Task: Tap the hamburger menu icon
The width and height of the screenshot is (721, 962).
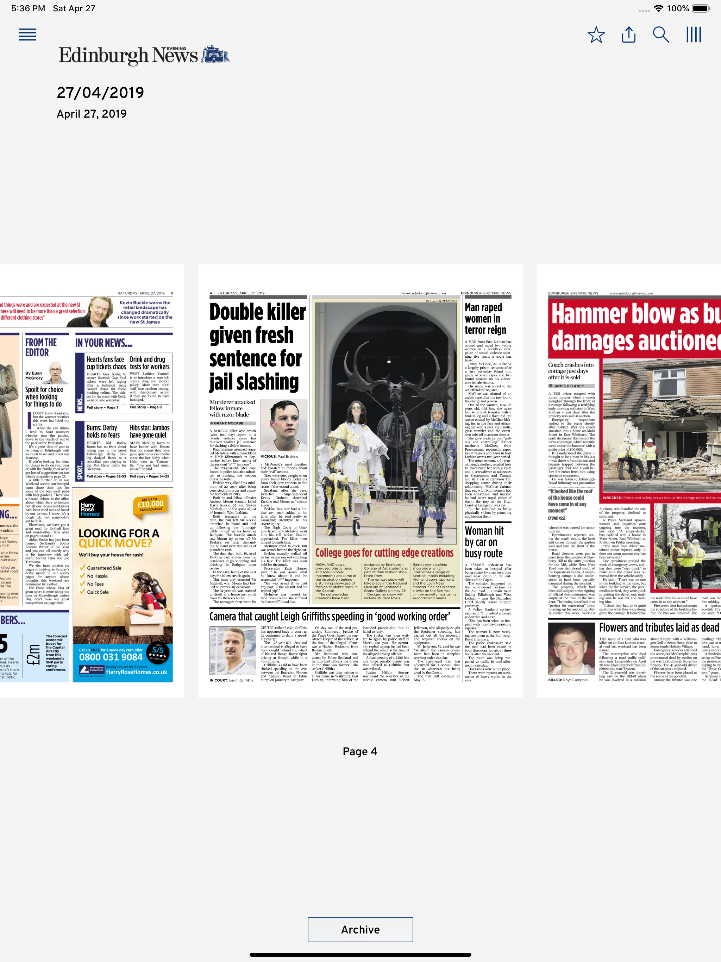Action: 27,35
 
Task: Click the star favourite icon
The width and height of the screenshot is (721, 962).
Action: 596,35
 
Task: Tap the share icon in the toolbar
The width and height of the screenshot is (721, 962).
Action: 628,35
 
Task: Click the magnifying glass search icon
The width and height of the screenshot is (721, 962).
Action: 660,35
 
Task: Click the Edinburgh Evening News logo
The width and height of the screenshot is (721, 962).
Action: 144,55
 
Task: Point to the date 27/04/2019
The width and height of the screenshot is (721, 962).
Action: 100,93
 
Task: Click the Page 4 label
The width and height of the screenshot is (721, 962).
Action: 360,751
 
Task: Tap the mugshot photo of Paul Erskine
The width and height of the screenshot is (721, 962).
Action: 283,425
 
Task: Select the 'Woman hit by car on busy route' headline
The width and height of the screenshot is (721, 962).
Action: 484,542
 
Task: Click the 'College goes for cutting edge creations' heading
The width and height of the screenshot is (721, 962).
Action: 384,553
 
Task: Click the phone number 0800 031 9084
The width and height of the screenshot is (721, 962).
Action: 111,657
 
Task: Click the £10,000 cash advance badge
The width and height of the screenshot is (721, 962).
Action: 150,505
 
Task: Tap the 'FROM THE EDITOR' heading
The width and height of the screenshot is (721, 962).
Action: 41,347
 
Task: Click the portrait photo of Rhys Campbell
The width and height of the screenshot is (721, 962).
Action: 571,648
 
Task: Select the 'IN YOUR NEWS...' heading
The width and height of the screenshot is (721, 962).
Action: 104,343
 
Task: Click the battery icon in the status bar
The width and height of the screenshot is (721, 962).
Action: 701,8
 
